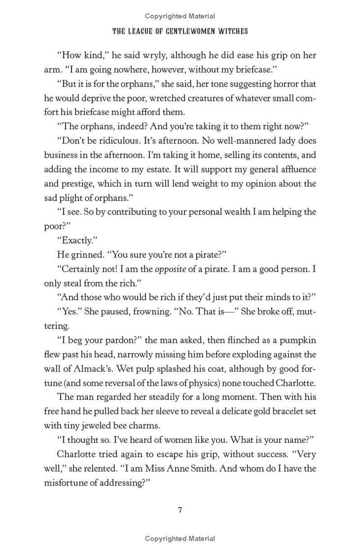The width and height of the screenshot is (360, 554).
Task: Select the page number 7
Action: [180, 510]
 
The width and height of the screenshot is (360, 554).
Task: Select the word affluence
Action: [294, 169]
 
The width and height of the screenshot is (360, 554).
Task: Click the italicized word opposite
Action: [171, 269]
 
